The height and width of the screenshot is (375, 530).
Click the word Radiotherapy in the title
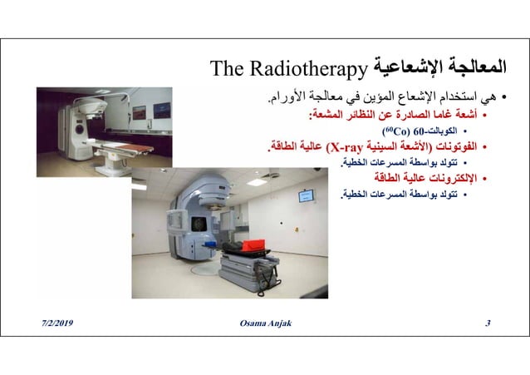pos(318,67)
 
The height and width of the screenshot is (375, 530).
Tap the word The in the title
pos(227,67)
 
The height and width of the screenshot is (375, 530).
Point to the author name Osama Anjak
pos(264,322)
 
